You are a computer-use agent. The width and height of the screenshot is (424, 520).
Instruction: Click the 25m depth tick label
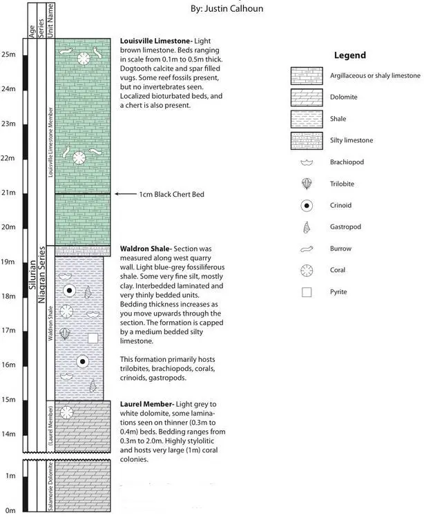click(x=9, y=54)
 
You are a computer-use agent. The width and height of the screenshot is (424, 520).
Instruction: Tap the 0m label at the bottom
click(x=9, y=510)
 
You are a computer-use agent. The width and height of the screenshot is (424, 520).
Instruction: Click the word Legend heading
click(x=349, y=55)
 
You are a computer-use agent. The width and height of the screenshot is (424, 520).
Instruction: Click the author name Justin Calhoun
click(x=227, y=8)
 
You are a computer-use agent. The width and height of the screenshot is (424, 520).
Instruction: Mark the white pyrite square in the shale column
click(x=93, y=338)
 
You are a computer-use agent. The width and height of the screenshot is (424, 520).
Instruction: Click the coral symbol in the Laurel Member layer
click(x=67, y=413)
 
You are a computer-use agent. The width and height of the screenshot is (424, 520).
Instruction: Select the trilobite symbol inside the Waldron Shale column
click(x=65, y=334)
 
